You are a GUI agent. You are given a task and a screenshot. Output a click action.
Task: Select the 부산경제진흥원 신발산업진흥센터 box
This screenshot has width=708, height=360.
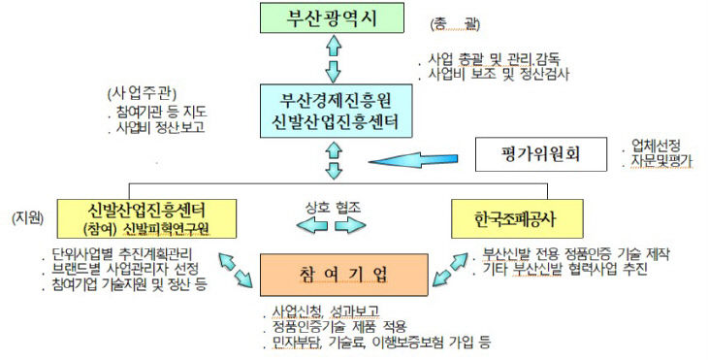[335, 111]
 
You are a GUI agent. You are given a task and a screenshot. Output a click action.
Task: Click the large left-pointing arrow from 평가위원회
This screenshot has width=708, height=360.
[415, 158]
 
